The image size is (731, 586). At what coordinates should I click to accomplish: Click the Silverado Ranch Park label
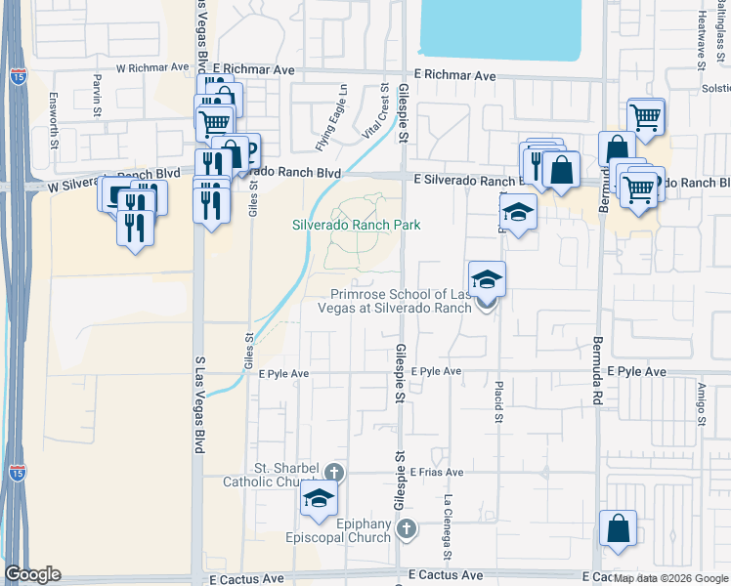tap(357, 225)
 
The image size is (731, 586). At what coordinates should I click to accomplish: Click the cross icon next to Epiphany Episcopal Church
tap(408, 529)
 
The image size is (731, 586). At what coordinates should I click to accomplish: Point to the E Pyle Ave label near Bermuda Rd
tap(636, 372)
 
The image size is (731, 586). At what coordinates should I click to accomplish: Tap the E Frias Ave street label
tap(435, 472)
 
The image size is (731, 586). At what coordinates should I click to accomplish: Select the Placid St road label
tap(498, 401)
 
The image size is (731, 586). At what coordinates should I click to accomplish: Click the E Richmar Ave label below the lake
tap(454, 75)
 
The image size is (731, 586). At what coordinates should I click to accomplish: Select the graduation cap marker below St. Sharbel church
tap(319, 499)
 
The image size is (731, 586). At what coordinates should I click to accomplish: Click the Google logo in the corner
tap(32, 574)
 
